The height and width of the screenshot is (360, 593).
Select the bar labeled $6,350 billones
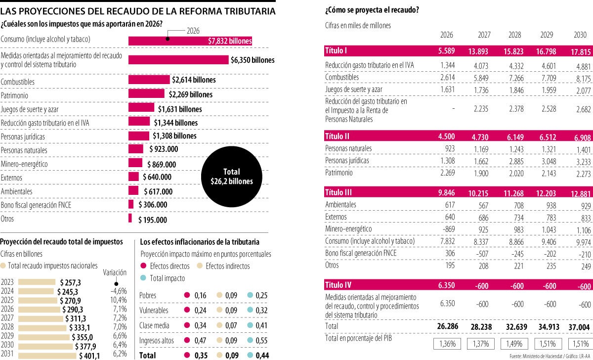click(178, 60)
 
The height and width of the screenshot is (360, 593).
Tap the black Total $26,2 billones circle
click(231, 177)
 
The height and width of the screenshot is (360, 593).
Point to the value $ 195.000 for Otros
click(152, 220)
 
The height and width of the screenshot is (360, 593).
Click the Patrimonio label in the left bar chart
click(14, 94)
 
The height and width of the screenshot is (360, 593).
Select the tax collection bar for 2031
click(38, 356)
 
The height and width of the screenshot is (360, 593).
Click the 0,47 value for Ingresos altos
click(200, 340)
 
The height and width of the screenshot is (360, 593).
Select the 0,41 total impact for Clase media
click(261, 325)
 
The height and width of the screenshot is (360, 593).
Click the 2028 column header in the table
click(514, 36)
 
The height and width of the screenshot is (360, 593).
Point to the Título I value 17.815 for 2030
click(580, 51)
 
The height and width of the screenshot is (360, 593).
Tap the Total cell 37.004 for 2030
click(580, 327)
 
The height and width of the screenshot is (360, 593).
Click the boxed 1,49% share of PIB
click(514, 343)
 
